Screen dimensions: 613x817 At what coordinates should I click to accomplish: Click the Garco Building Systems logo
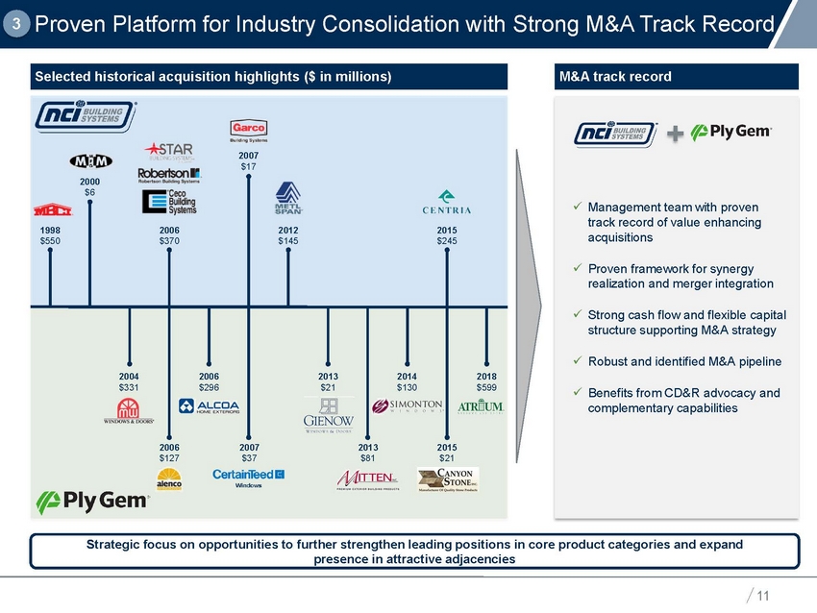tap(249, 132)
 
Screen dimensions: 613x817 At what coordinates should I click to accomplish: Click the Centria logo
tap(446, 205)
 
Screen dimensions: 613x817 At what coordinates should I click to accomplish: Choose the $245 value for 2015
tap(447, 240)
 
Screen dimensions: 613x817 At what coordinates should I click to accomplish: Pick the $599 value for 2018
tap(487, 385)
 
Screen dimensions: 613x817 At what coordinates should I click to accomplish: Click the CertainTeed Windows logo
tap(249, 477)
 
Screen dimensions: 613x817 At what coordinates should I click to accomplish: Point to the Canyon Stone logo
tap(448, 478)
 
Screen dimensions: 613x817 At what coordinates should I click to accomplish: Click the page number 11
tap(763, 596)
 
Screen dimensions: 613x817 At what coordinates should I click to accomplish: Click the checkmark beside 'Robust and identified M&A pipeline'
tap(574, 361)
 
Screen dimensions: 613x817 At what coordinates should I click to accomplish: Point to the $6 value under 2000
tap(89, 191)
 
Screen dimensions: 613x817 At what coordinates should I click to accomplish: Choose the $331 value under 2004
tap(130, 385)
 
